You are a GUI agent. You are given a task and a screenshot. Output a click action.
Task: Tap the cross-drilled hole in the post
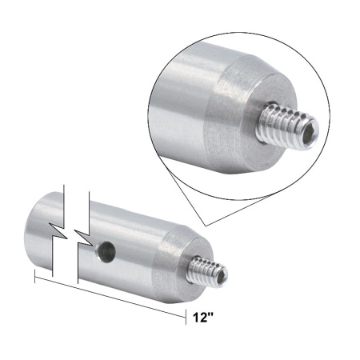(103, 254)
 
